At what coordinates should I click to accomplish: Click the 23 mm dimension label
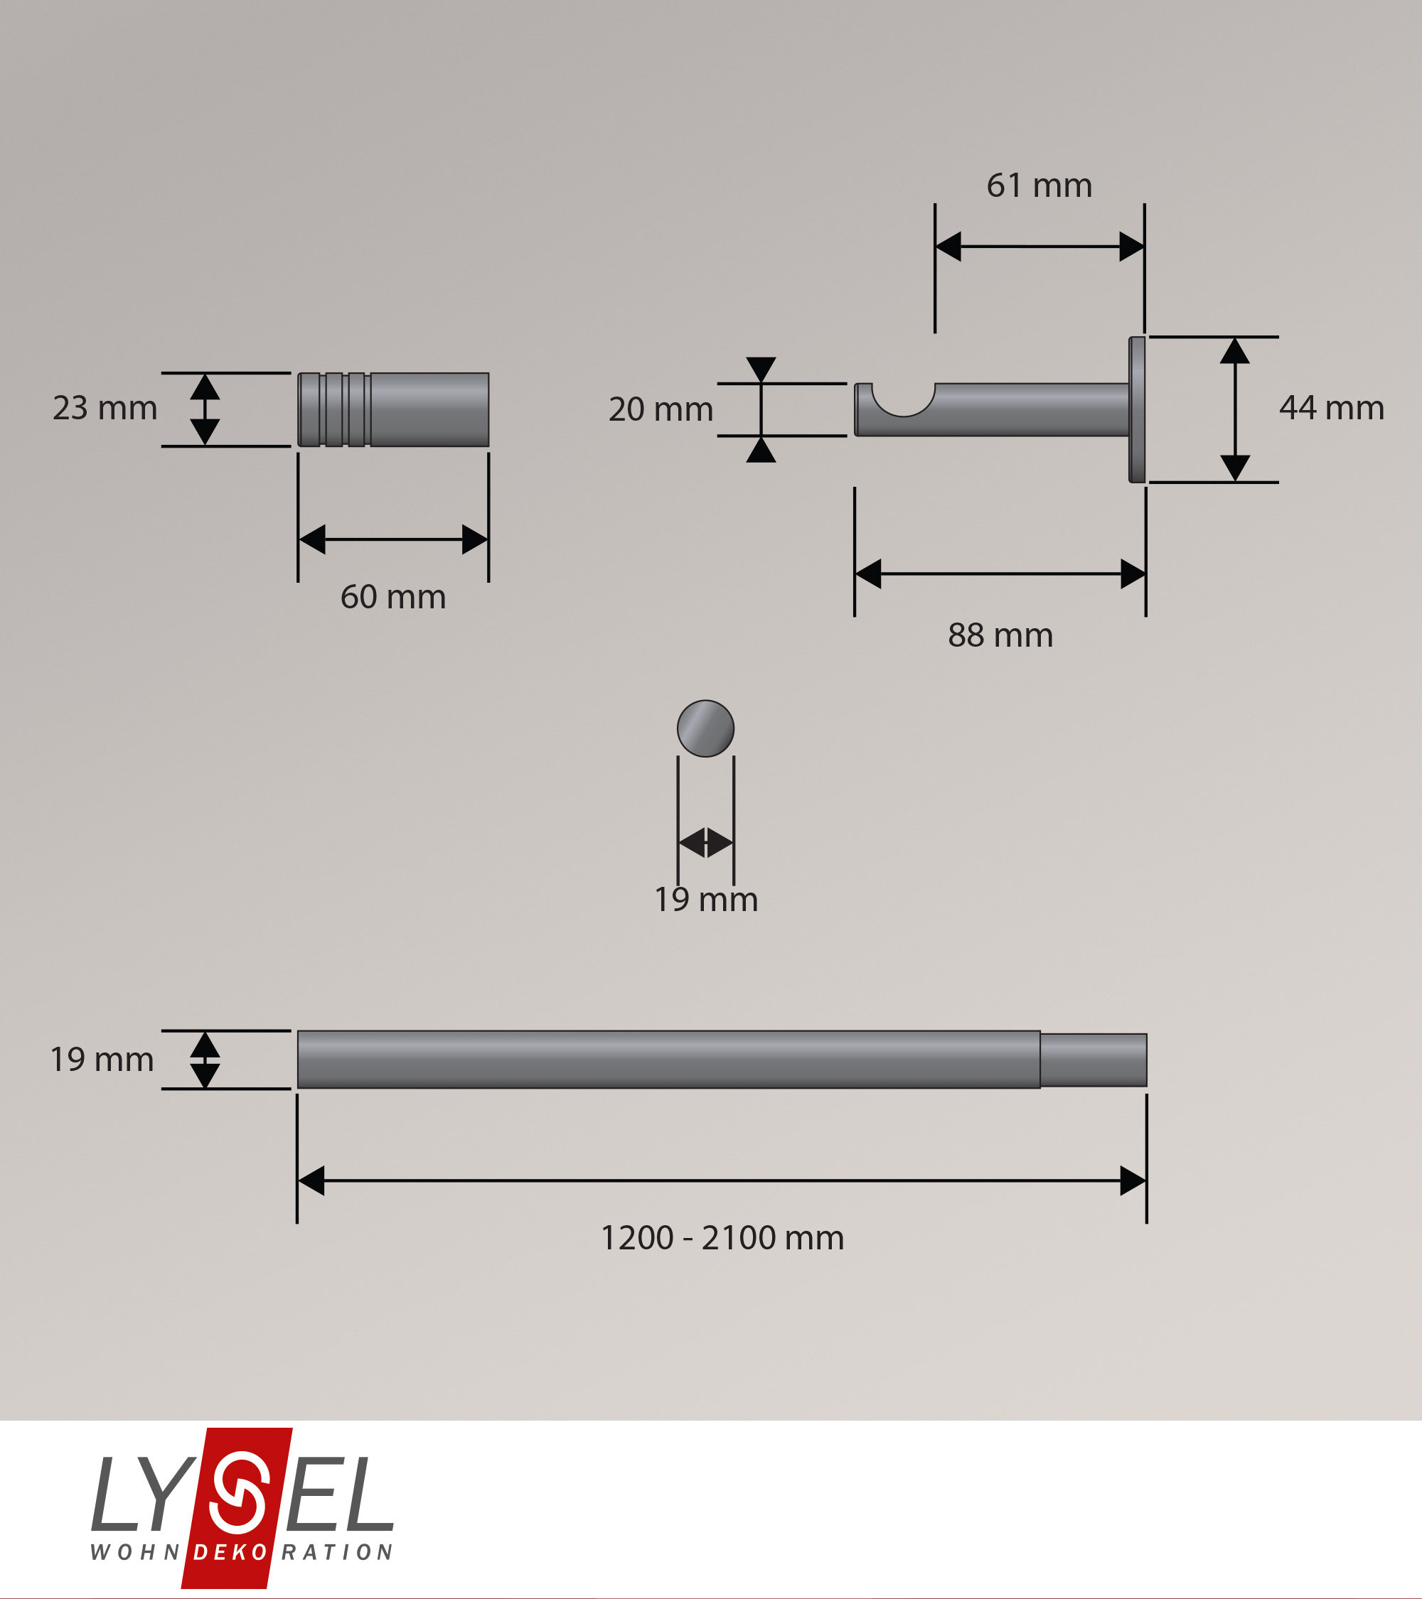(105, 409)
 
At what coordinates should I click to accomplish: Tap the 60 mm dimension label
(393, 597)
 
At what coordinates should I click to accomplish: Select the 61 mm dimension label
(1039, 185)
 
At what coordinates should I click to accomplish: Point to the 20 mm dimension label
(661, 410)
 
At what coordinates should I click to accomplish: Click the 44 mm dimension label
(1331, 409)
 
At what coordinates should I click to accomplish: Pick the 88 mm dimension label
(1000, 635)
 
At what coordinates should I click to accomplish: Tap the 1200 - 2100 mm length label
(722, 1237)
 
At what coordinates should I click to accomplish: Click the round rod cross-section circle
(705, 728)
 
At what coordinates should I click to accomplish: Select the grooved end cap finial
(394, 410)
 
